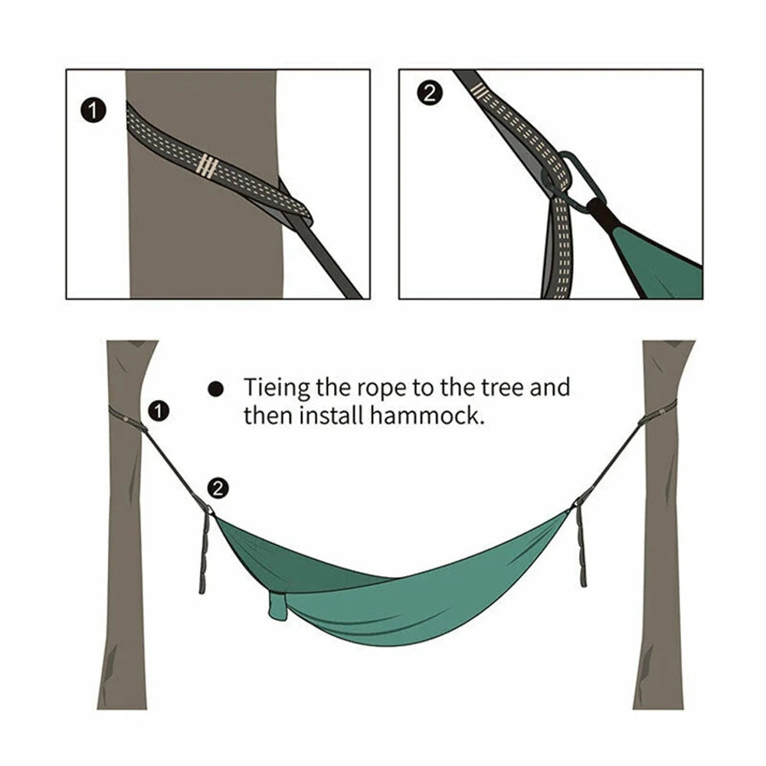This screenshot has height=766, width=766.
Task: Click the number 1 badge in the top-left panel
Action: (x=93, y=111)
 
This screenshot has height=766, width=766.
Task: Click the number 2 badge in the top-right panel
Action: (x=429, y=93)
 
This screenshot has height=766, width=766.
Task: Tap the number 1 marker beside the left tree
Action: (x=158, y=411)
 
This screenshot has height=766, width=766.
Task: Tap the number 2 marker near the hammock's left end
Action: (x=218, y=488)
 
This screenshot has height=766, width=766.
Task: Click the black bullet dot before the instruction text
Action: (x=216, y=389)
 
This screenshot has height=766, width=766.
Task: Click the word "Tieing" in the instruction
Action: (x=277, y=388)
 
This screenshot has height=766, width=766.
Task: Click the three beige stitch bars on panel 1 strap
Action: (x=208, y=165)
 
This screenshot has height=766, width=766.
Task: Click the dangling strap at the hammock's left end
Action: (x=205, y=552)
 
